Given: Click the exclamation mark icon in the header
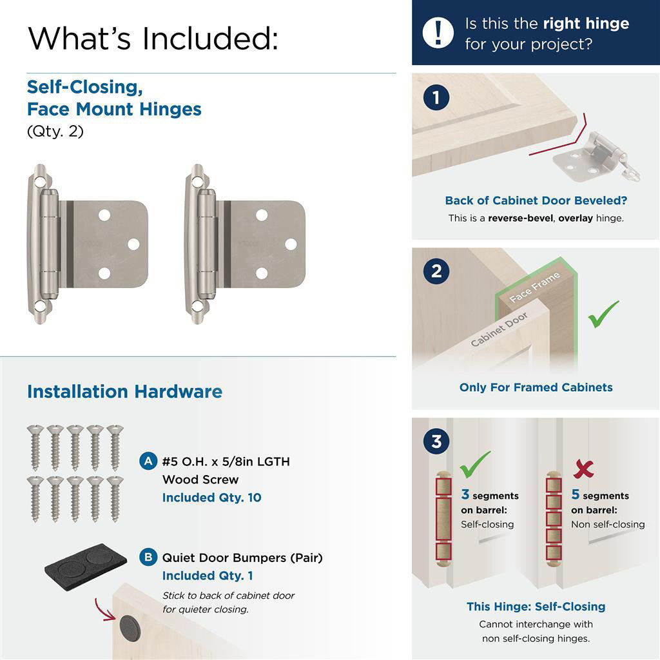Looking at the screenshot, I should click(438, 32).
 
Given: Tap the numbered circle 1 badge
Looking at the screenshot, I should click(436, 98).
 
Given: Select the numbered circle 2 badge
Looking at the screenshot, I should click(436, 271).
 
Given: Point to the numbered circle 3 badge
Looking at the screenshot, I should click(436, 442).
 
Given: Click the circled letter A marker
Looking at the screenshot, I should click(148, 461).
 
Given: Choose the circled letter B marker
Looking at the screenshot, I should click(148, 557).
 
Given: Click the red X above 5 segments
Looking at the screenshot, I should click(583, 469).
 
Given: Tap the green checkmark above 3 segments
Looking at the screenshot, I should click(475, 463).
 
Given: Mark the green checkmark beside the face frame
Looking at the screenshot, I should click(603, 314).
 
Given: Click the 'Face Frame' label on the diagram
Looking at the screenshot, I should click(534, 287).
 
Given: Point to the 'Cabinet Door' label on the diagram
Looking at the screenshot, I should click(499, 329).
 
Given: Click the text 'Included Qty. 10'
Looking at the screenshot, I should click(211, 498).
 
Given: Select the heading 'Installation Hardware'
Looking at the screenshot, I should click(124, 392).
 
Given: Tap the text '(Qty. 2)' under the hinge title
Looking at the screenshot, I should click(55, 131).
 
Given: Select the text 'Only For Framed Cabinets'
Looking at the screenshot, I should click(536, 387).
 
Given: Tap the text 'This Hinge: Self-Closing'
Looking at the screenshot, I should click(536, 607).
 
